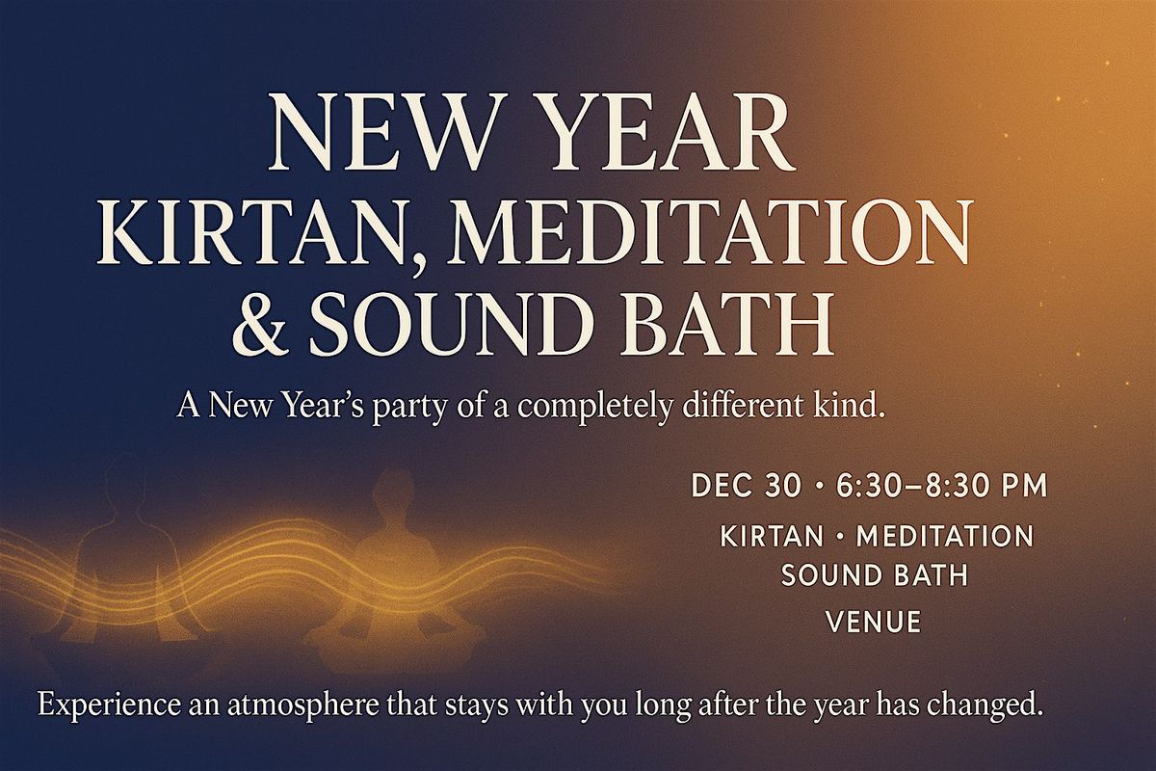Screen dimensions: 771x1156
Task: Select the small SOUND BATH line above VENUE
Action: pos(874,575)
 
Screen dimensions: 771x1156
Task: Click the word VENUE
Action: pos(874,622)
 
